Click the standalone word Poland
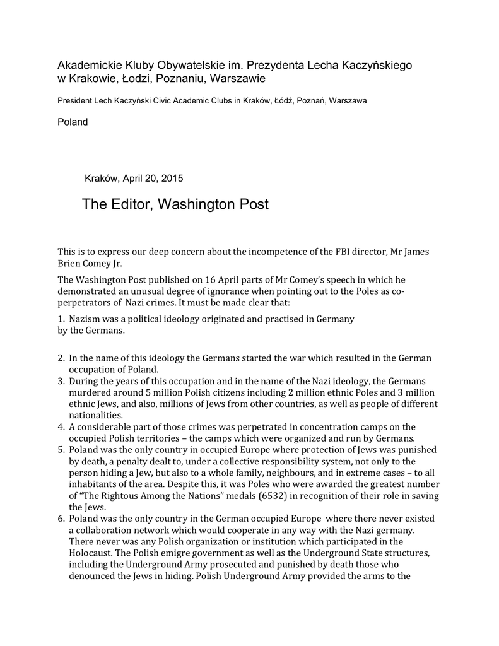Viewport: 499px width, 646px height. [73, 122]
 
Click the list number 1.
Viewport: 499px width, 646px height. [61, 319]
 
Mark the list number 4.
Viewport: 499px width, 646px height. [61, 427]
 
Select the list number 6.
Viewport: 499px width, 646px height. [61, 518]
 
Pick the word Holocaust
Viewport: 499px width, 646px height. [91, 552]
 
